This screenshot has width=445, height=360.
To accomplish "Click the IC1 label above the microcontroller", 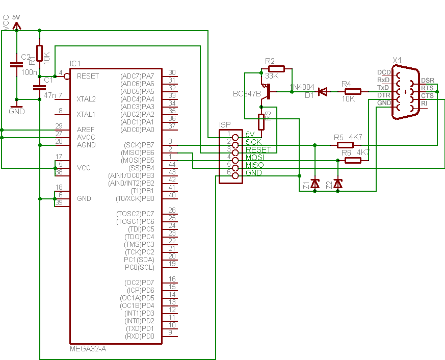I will click(x=75, y=64).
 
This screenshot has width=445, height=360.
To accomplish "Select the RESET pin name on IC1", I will click(x=88, y=76).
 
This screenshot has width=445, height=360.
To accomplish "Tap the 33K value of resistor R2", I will click(x=272, y=76).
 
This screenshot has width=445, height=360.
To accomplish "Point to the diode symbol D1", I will click(x=322, y=92).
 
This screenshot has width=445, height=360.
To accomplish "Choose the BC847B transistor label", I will click(x=247, y=94).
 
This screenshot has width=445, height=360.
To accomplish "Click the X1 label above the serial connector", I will click(x=398, y=60).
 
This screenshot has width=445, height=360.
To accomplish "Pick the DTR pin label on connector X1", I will click(x=383, y=95).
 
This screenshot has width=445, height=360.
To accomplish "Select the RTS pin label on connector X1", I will click(x=427, y=88).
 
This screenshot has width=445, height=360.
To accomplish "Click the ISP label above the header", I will click(x=225, y=124).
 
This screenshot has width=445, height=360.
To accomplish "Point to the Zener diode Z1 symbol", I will click(x=315, y=184).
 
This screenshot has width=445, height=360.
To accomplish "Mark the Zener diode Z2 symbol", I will click(x=337, y=184).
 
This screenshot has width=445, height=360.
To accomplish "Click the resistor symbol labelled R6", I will click(x=353, y=160).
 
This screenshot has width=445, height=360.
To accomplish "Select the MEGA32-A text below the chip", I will click(x=88, y=349).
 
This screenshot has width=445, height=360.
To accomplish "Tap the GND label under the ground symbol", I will click(x=17, y=111).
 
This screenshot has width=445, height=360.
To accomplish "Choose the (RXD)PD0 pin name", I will click(x=140, y=336).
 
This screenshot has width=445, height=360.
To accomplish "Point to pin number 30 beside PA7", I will click(x=172, y=72).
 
